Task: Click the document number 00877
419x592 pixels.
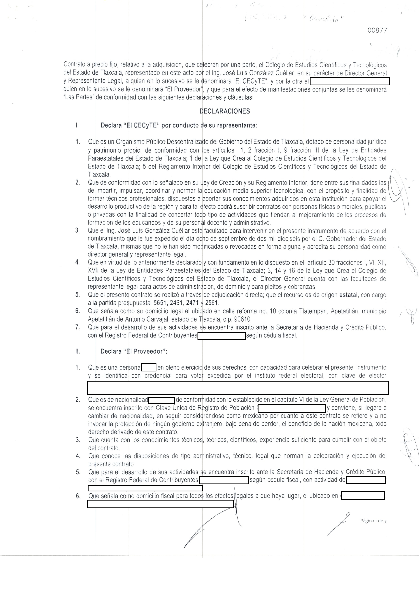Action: (x=377, y=30)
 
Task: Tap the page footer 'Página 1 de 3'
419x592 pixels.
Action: (x=373, y=521)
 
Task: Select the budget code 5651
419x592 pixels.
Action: (x=159, y=303)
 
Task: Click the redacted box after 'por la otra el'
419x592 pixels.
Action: (x=349, y=82)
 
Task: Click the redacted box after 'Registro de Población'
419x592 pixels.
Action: (x=292, y=408)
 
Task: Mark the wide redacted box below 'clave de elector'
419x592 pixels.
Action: (x=238, y=387)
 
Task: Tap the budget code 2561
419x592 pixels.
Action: (x=212, y=303)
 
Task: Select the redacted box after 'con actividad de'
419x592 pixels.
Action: (x=366, y=480)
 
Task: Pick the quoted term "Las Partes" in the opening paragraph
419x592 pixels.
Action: (x=78, y=98)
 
